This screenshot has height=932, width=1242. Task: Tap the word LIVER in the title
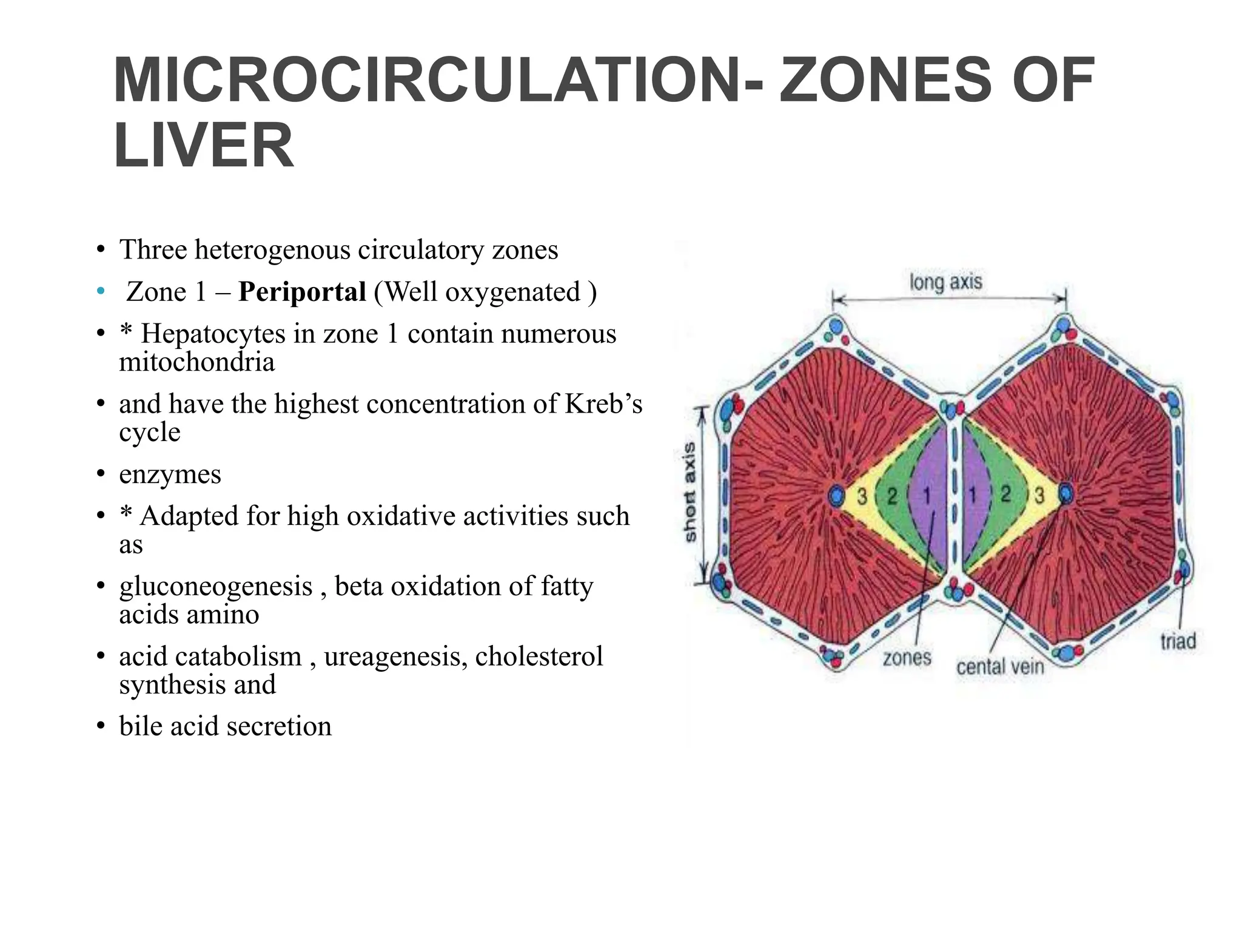[204, 146]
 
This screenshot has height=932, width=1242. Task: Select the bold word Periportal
[302, 292]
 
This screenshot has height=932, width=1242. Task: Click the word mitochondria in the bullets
[196, 362]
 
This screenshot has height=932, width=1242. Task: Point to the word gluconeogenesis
[216, 586]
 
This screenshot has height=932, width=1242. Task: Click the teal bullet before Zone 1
[101, 292]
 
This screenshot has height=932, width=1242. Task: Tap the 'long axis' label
[945, 282]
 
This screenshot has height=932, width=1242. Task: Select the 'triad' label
[1178, 641]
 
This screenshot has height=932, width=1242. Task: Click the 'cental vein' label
[1000, 667]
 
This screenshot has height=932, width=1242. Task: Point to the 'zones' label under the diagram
[907, 657]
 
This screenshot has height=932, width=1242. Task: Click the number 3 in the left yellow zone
[862, 496]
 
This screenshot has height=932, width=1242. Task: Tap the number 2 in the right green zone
[1005, 495]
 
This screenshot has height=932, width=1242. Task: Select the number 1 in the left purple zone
[926, 496]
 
